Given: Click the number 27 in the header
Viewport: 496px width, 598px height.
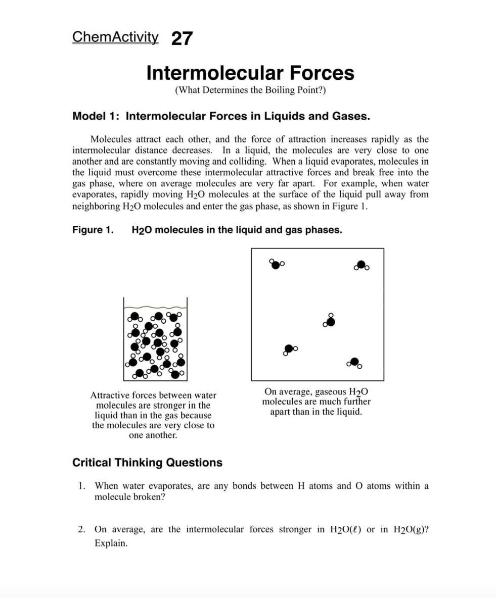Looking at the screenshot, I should coord(182,38).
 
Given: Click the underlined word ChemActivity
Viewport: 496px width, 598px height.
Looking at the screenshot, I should coord(115,37).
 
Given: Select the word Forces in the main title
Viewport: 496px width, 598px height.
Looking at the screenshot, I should coord(322,73).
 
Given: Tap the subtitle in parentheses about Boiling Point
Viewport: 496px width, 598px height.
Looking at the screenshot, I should coord(250,90).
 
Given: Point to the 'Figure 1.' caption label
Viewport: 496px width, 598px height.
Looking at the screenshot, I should coord(93,230).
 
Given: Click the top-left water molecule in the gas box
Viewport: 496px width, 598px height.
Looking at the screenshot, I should coord(276,264).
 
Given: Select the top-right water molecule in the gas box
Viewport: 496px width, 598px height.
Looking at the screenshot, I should coord(361,265).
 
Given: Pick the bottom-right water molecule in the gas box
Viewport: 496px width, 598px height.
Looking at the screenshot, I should coord(355,362).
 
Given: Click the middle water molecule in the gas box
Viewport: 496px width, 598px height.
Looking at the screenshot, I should coord(330,321).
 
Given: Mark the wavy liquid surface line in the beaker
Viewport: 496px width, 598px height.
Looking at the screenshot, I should coord(155,308).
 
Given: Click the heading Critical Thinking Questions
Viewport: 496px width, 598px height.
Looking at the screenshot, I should coord(147,463).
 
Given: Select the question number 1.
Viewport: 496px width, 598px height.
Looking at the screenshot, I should coord(81,486).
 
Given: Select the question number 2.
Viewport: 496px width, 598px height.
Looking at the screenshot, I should coord(81,530).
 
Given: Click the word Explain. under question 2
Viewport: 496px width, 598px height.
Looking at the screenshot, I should coord(111,543).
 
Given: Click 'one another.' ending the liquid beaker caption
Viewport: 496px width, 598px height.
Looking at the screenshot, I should coord(153,435).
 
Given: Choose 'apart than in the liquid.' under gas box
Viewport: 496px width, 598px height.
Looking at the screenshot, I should coord(316,412).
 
